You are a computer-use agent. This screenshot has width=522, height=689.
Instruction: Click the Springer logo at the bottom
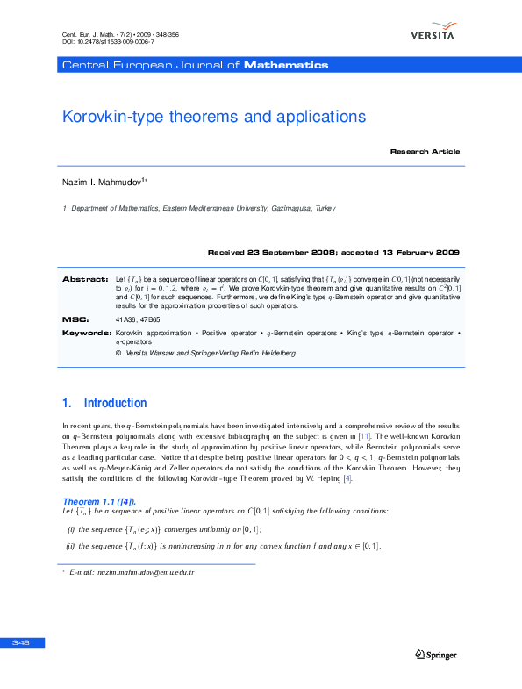435,654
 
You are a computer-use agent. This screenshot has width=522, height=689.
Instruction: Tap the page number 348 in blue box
21,643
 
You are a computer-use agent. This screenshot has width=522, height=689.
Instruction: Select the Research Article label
425,152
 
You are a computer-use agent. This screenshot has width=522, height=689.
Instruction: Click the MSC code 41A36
125,320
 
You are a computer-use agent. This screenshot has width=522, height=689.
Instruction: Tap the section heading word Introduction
115,404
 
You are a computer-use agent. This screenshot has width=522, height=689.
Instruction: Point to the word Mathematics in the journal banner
286,66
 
